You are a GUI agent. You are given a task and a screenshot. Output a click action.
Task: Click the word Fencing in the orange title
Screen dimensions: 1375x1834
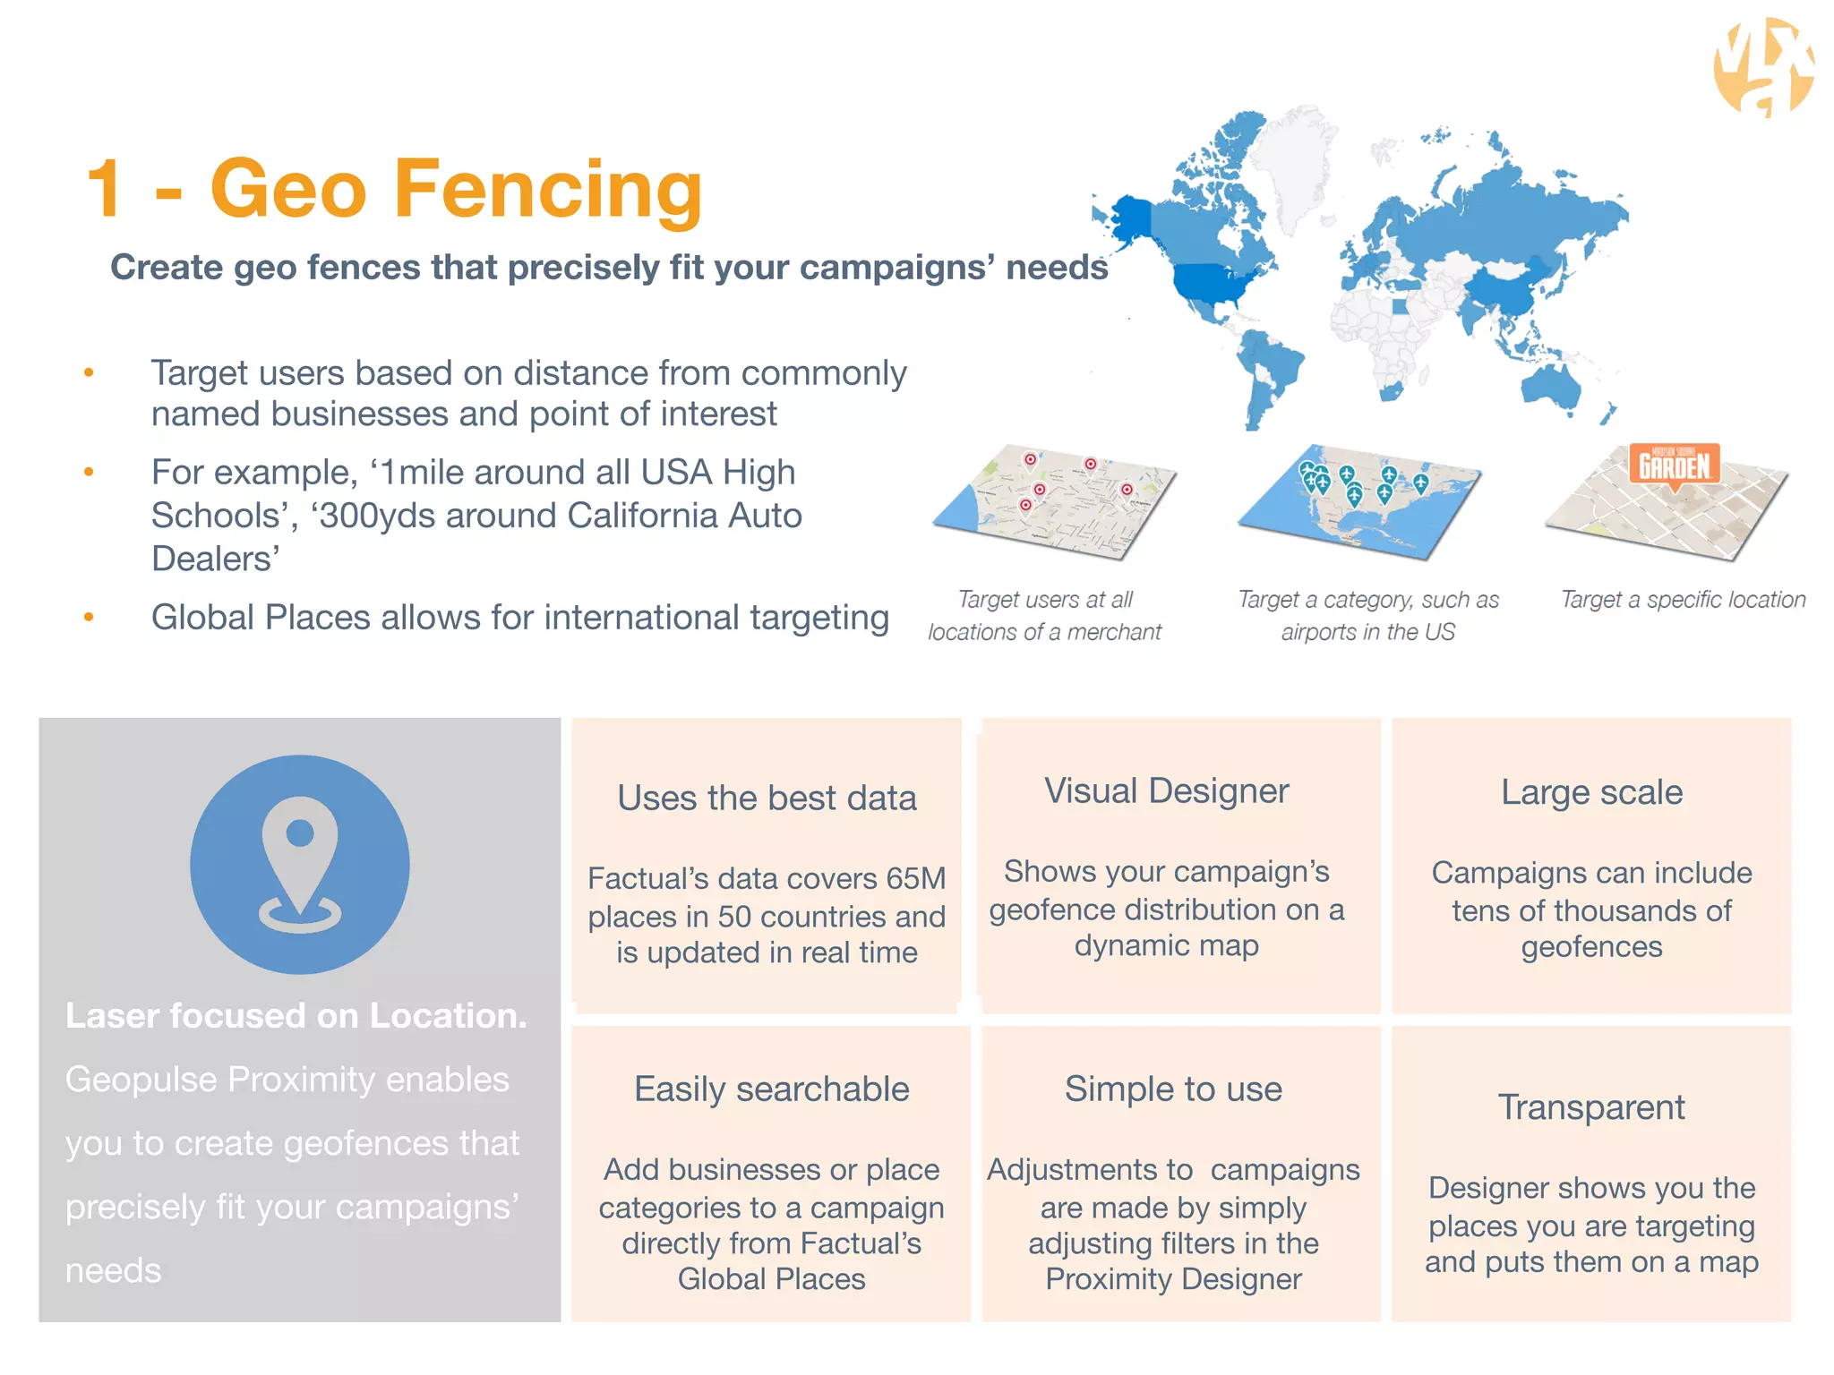[x=548, y=190]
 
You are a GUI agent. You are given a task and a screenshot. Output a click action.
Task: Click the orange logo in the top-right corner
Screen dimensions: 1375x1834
[x=1762, y=68]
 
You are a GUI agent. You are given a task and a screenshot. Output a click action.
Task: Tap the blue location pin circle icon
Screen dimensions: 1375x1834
[x=299, y=865]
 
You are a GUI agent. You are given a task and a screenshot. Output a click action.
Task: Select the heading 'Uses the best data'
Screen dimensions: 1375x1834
[x=767, y=798]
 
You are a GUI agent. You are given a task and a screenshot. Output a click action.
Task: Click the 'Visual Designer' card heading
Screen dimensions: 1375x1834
[x=1166, y=791]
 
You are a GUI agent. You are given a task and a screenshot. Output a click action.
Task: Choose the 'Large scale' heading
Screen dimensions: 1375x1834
[x=1591, y=792]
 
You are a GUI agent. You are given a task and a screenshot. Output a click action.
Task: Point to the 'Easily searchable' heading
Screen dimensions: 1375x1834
[x=771, y=1089]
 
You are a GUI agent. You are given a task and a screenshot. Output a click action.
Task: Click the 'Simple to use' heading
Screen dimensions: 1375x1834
[x=1173, y=1089]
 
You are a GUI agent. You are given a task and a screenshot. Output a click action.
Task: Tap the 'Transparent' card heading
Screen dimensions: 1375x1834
[x=1591, y=1107]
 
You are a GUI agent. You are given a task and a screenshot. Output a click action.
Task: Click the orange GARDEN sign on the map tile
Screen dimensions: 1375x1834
[x=1674, y=465]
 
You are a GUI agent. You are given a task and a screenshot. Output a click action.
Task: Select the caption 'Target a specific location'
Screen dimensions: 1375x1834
[x=1683, y=600]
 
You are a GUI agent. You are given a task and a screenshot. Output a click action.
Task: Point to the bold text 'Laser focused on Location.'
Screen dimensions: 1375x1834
[x=296, y=1016]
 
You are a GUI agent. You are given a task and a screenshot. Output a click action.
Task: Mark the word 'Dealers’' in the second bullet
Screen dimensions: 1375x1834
[x=215, y=559]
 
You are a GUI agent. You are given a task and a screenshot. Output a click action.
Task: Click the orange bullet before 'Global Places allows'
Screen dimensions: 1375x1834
[x=89, y=617]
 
